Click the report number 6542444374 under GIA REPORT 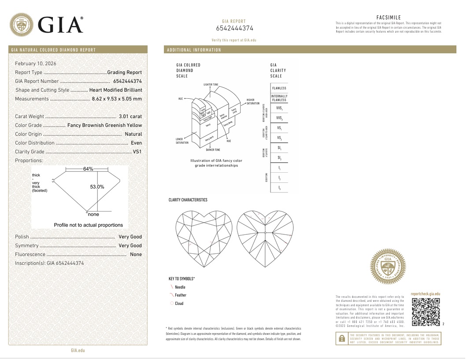point(235,29)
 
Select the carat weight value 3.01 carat point(130,116)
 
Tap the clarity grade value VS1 point(137,152)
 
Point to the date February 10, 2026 point(35,63)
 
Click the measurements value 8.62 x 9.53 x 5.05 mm point(117,99)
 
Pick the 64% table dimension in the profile point(88,169)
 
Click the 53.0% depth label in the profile point(97,187)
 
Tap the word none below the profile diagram point(93,215)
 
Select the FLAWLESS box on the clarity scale point(279,88)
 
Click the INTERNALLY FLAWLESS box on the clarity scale point(279,98)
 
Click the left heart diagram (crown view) point(204,239)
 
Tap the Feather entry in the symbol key point(180,295)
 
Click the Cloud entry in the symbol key point(179,304)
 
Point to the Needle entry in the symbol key point(180,287)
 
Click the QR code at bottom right point(426,312)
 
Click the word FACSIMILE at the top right point(389,18)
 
